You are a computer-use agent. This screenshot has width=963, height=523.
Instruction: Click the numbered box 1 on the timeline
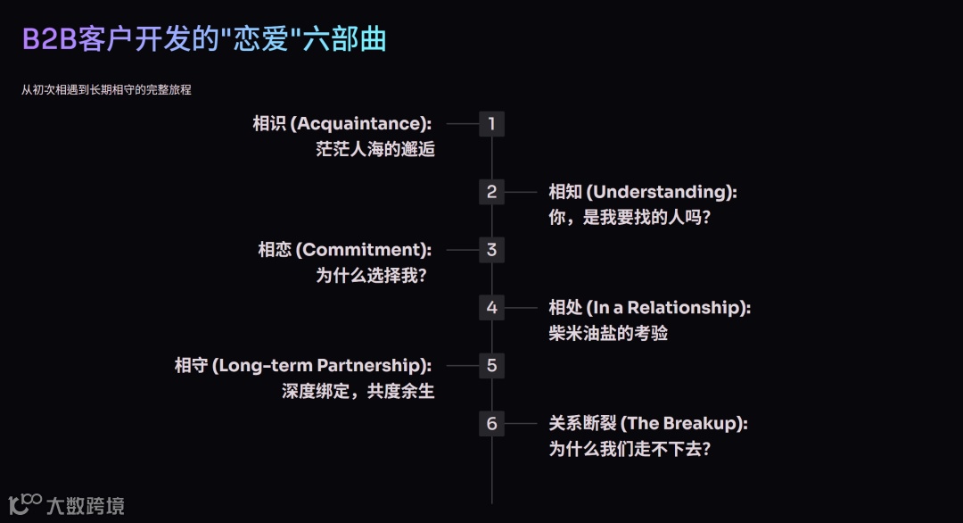point(491,124)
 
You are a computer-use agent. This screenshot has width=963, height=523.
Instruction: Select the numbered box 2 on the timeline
point(491,192)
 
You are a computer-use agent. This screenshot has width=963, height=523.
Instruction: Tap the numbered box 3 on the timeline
point(491,250)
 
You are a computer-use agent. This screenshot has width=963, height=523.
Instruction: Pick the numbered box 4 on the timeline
point(491,308)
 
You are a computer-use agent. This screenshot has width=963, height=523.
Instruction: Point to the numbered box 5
point(491,365)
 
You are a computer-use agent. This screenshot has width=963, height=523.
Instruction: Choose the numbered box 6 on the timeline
point(491,423)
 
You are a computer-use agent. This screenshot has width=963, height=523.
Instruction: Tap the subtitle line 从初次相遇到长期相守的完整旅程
point(106,89)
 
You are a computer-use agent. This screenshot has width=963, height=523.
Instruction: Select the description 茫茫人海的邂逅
point(375,150)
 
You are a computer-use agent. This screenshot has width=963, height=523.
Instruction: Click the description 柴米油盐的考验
point(608,334)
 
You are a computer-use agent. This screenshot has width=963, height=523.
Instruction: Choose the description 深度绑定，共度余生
point(358,391)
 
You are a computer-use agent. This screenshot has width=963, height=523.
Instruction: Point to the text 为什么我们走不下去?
point(630,449)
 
